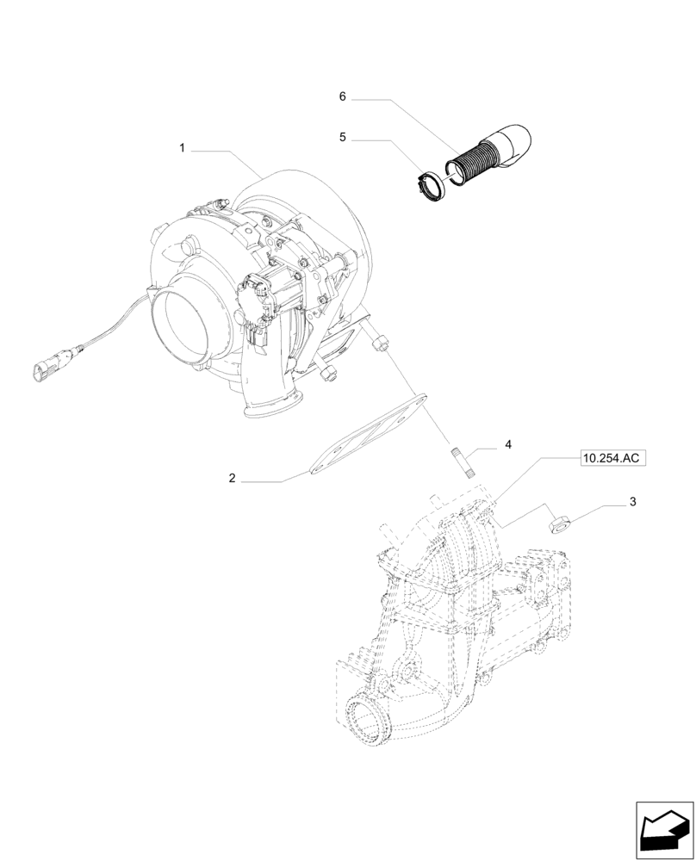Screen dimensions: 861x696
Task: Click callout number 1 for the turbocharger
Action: click(182, 149)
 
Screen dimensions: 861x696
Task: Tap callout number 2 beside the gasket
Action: click(232, 479)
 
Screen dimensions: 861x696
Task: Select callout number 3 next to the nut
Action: click(632, 501)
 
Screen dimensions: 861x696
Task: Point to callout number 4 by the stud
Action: click(508, 444)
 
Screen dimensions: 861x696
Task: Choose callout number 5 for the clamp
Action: click(342, 137)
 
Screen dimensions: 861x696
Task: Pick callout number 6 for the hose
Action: click(342, 97)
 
